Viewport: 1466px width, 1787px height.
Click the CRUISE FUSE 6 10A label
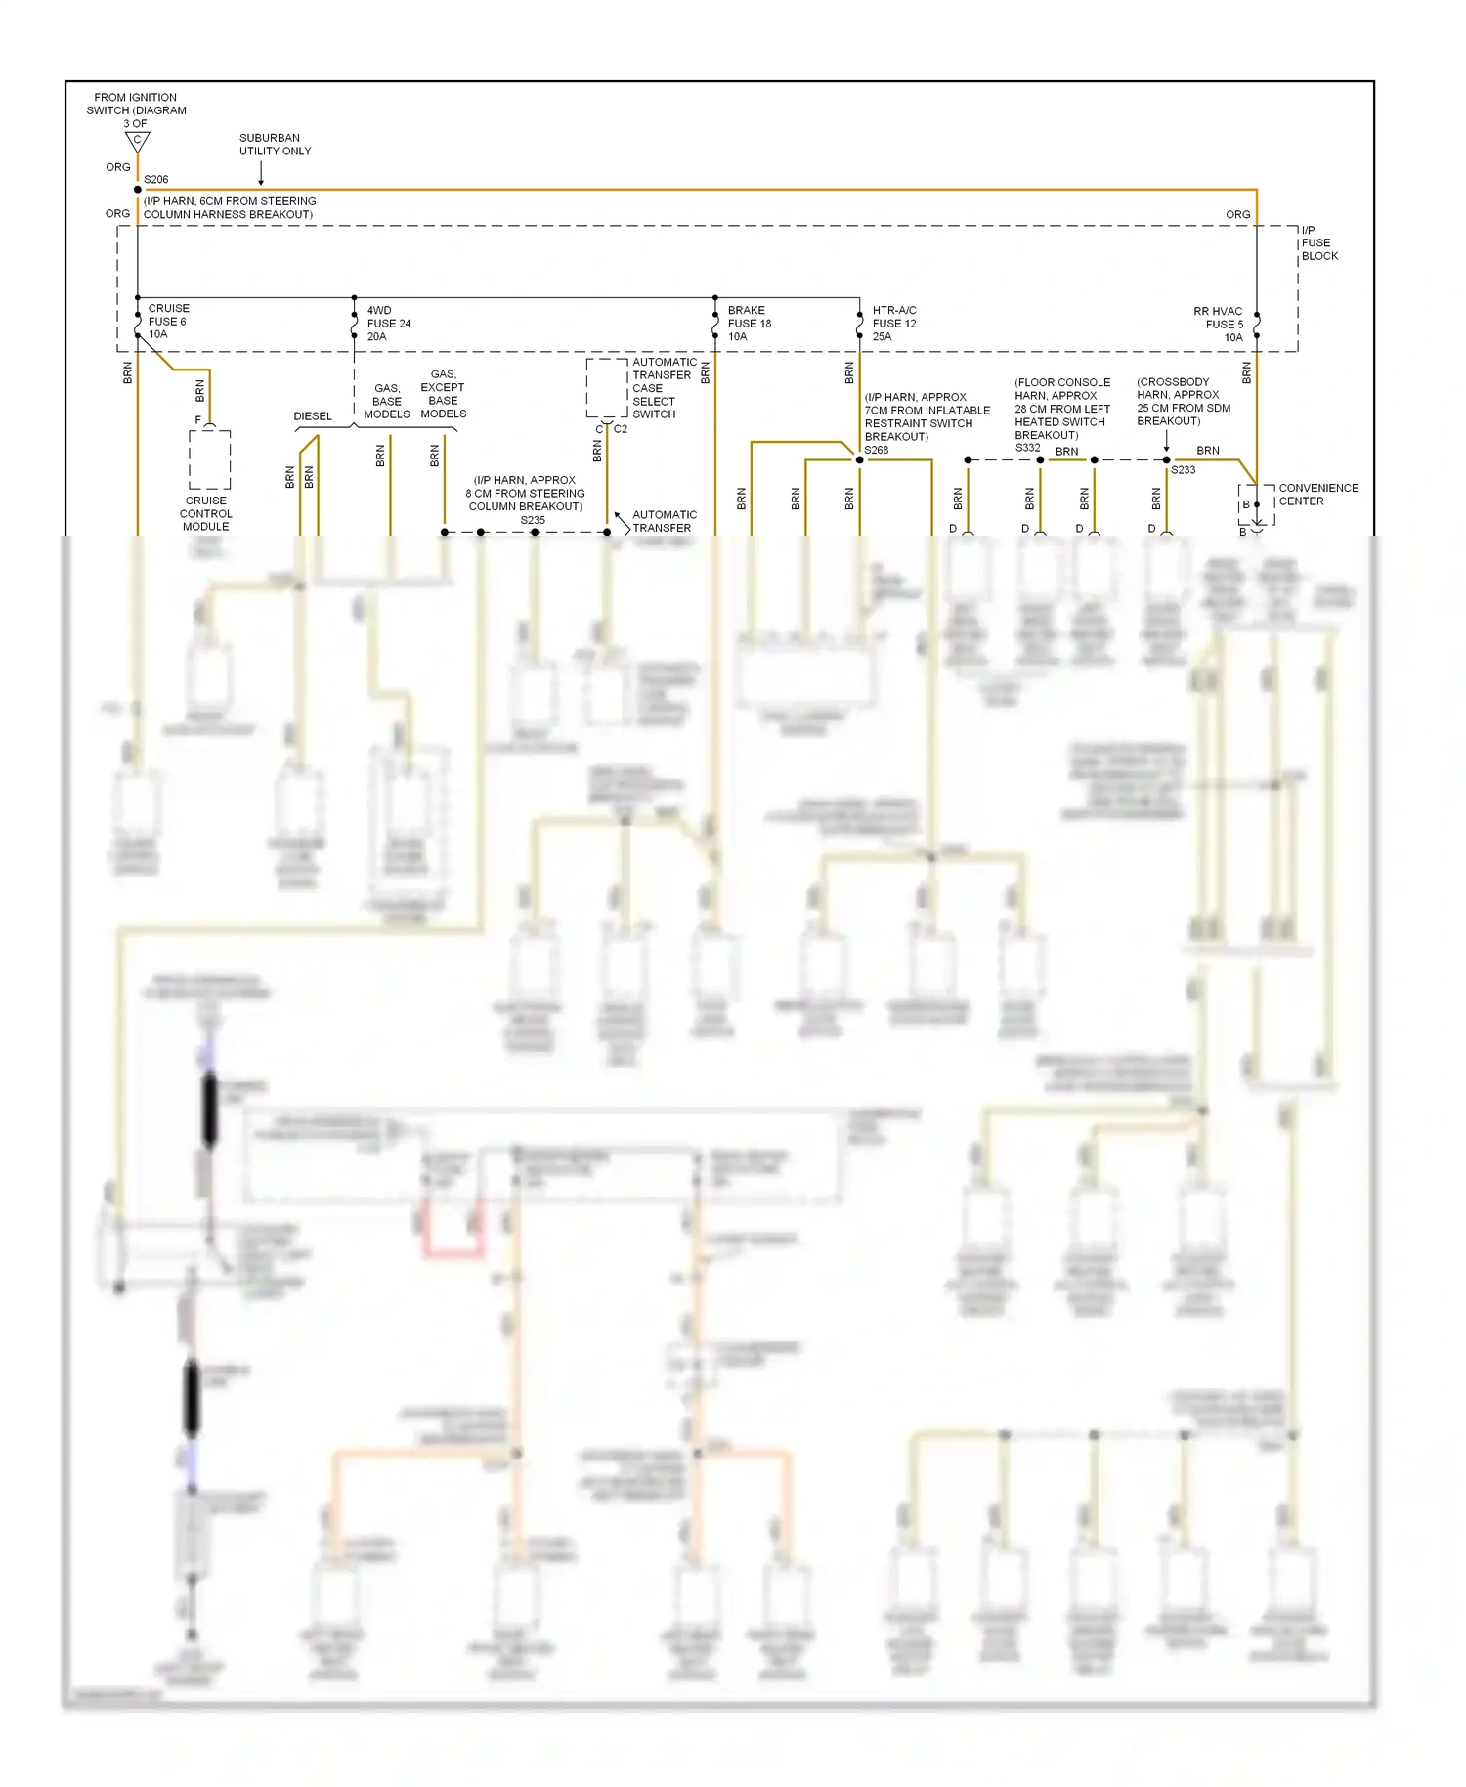(167, 321)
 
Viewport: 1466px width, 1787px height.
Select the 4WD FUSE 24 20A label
(388, 323)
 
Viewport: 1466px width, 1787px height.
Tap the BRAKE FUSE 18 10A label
(749, 323)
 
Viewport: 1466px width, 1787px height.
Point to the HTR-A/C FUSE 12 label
(893, 323)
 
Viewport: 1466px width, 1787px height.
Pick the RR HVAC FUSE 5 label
(1219, 324)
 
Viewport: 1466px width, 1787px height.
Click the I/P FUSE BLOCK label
(1318, 242)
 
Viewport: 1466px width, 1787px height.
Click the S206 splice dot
(137, 190)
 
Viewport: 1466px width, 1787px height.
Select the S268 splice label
(876, 450)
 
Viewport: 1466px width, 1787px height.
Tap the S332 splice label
(1027, 448)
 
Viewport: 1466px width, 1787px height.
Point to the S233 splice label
(1183, 470)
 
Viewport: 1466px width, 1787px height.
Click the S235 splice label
(533, 520)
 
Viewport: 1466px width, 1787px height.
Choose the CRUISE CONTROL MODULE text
(205, 513)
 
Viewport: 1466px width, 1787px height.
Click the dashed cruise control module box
(209, 459)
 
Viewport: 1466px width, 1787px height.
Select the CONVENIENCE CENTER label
(1317, 494)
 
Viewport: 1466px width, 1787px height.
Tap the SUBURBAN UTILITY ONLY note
(275, 144)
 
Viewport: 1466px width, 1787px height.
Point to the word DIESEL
(313, 416)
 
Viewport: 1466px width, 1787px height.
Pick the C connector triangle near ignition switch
(137, 142)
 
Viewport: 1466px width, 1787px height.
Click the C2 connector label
(621, 428)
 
